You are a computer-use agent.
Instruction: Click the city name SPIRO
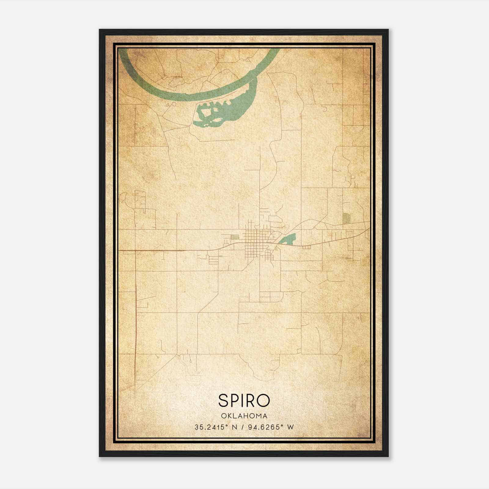(244, 400)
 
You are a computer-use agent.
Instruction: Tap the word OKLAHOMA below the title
(244, 416)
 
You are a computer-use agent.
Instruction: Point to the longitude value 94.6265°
(265, 427)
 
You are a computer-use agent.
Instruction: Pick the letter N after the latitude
(235, 427)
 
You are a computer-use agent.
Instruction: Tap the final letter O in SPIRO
(263, 400)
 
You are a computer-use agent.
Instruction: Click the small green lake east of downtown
(289, 239)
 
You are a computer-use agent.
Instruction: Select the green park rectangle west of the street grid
(235, 236)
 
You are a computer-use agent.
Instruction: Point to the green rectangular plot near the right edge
(346, 218)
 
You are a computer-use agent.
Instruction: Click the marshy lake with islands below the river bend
(214, 113)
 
